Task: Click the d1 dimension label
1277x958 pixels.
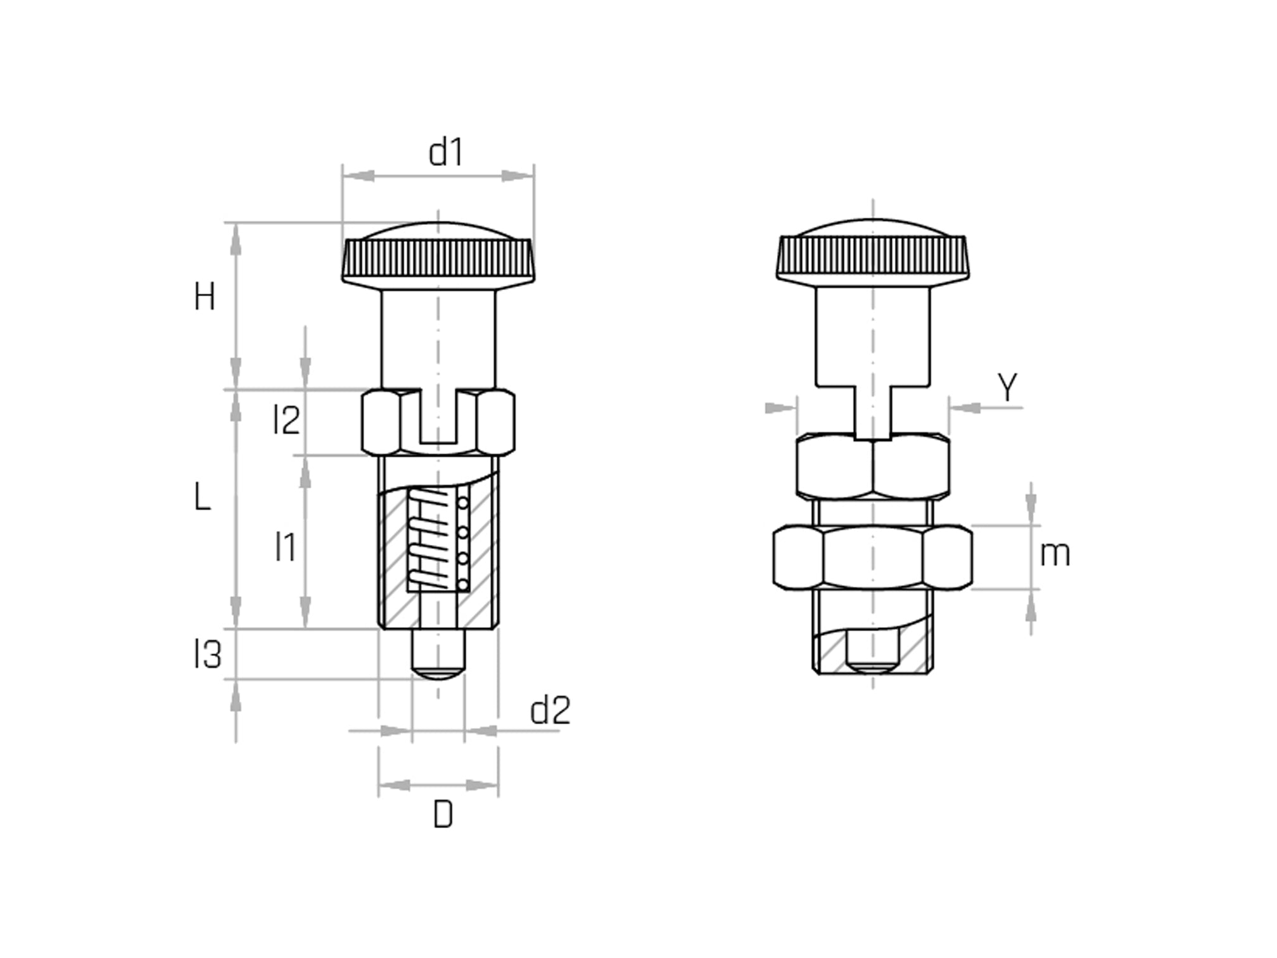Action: tap(445, 153)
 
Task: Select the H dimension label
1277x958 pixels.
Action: tap(205, 297)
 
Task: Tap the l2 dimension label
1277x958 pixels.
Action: tap(286, 420)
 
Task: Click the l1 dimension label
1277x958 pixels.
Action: tap(286, 547)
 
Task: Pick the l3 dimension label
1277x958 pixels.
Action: tap(208, 655)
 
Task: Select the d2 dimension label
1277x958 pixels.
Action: tap(550, 710)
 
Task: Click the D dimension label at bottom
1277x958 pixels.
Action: tap(443, 815)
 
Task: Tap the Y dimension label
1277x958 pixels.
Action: tap(1007, 388)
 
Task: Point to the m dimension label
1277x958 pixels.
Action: tap(1055, 554)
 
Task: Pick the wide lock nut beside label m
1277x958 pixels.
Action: tap(873, 557)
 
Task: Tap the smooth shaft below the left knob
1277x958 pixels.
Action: tap(438, 339)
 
